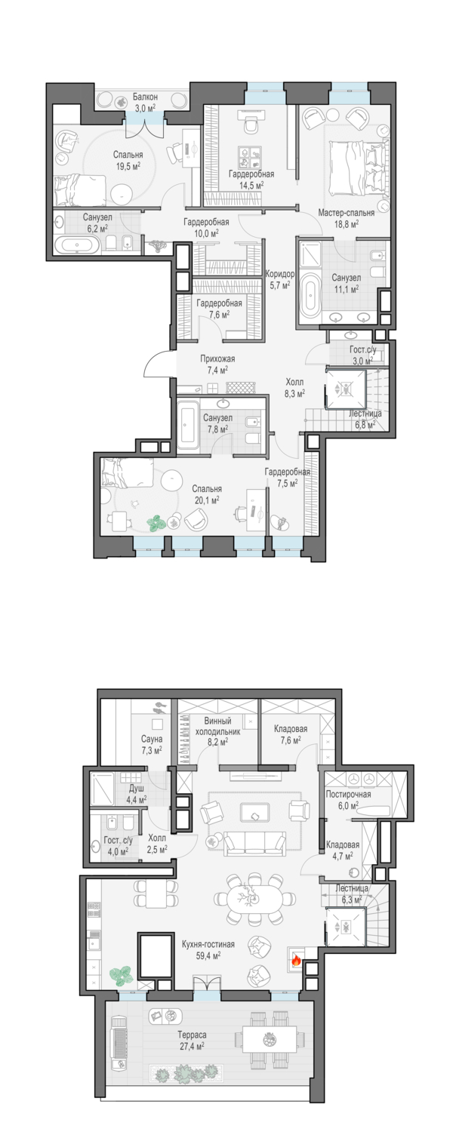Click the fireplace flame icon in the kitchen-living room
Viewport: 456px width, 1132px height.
(x=296, y=961)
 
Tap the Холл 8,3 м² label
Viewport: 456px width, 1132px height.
(x=295, y=388)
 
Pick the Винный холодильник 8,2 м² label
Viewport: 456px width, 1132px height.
(x=217, y=731)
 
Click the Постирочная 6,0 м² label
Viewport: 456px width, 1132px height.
(x=348, y=800)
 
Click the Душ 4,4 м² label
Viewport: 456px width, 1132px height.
(x=137, y=793)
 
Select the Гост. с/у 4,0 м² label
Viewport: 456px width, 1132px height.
(x=117, y=845)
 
